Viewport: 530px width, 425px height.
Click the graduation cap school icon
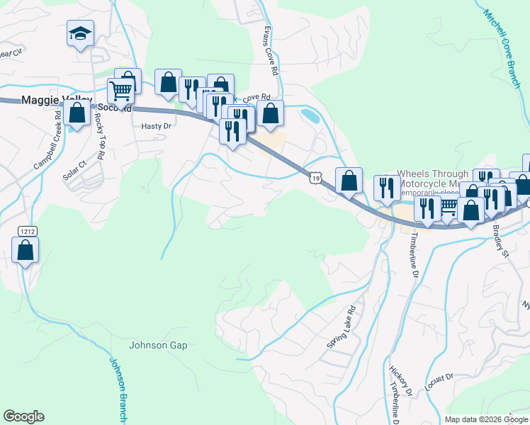(80, 33)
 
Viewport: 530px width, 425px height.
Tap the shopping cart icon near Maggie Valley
(121, 91)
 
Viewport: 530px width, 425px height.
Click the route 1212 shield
(26, 231)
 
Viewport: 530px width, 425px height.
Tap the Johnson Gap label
(158, 346)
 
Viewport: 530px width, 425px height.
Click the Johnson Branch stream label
(118, 385)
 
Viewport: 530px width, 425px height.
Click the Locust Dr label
(439, 382)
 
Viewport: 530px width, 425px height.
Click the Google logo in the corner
(23, 416)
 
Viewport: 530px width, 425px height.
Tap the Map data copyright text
(486, 419)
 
